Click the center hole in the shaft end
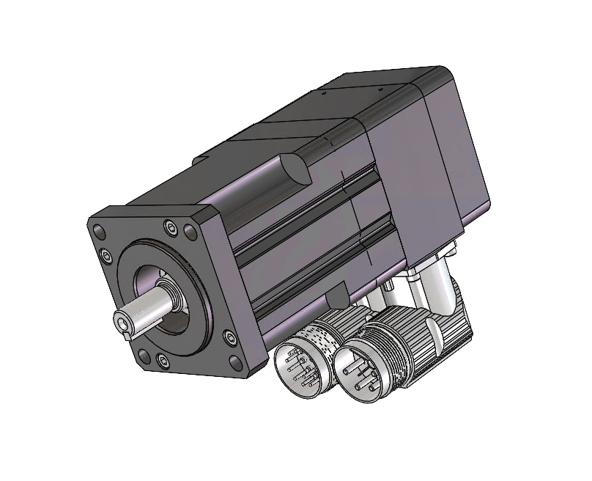coord(122,320)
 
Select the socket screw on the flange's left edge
coord(106,254)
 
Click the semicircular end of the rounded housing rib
coord(293,168)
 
